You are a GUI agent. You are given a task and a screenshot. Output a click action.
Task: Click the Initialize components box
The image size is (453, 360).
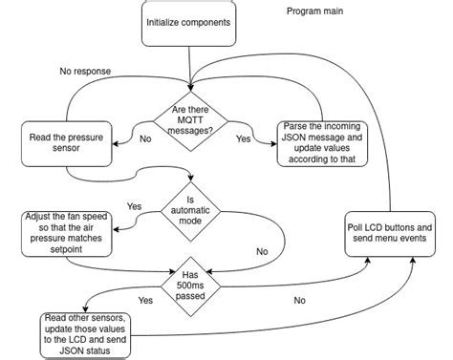tap(188, 22)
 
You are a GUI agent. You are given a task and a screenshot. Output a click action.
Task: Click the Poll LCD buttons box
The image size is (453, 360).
tap(390, 235)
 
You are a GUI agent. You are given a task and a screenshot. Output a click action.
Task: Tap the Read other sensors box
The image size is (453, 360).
tap(84, 334)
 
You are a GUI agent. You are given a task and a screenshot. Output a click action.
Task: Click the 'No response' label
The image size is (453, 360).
tap(86, 71)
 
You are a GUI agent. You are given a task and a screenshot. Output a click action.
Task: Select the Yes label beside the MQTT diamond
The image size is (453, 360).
tap(243, 138)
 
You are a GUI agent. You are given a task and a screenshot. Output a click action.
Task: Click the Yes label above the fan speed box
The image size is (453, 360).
tap(134, 206)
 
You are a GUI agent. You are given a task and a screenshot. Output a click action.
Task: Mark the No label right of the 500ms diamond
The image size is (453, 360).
tap(299, 301)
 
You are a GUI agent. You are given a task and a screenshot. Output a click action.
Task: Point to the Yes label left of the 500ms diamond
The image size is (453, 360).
tap(145, 300)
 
